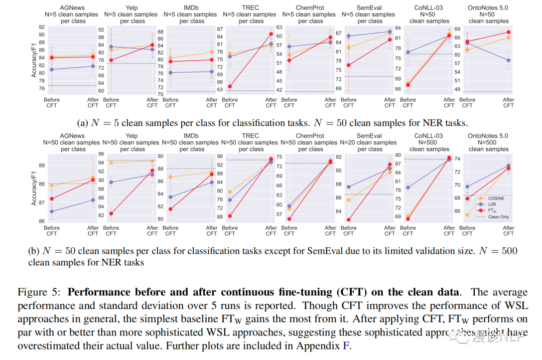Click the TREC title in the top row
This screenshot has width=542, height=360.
click(x=250, y=8)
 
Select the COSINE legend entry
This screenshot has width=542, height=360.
click(x=495, y=198)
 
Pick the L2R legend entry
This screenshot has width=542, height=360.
click(x=492, y=205)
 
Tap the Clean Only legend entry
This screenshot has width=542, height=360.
click(x=498, y=217)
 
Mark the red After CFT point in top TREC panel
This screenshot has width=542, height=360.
click(x=271, y=34)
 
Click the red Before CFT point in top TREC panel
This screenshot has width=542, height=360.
click(x=230, y=86)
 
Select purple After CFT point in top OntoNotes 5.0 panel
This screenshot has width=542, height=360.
click(x=508, y=60)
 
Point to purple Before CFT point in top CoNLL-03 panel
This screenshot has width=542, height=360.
click(x=408, y=52)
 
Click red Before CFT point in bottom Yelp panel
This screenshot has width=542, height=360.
click(x=111, y=214)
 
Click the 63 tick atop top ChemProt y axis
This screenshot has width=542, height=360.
click(x=279, y=27)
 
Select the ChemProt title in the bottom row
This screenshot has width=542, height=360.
click(x=310, y=136)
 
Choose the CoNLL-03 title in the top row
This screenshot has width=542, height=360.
click(x=429, y=8)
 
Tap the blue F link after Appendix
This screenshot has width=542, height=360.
click(x=346, y=346)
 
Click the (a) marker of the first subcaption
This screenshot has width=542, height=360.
click(x=82, y=122)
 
